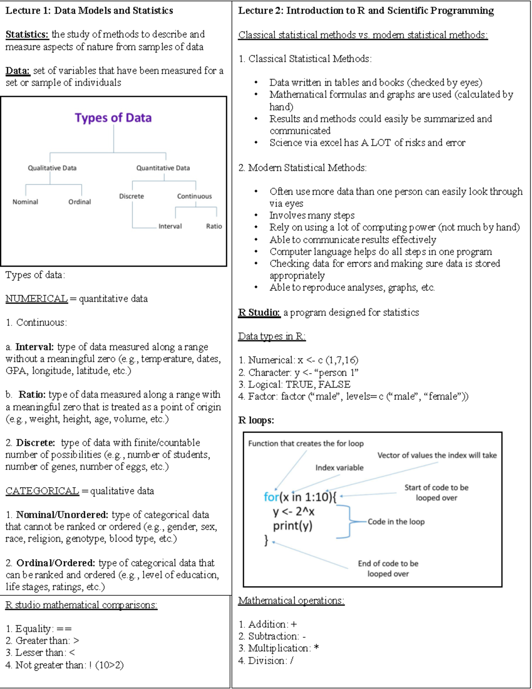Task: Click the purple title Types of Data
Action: click(113, 118)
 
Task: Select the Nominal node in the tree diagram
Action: click(25, 202)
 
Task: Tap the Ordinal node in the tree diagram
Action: click(79, 202)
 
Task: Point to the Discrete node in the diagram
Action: click(131, 196)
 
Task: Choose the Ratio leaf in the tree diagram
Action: click(214, 226)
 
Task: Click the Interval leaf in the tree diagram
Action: click(170, 226)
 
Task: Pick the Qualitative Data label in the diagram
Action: click(52, 168)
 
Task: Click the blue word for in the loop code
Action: click(271, 497)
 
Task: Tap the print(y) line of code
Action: click(293, 526)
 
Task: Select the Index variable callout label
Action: click(339, 468)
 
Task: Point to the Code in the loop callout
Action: click(396, 522)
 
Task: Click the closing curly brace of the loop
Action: click(266, 540)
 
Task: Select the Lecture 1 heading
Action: click(89, 11)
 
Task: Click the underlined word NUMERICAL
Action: click(36, 299)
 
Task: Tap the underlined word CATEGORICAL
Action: click(42, 491)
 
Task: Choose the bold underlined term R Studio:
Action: click(259, 312)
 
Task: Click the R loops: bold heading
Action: click(256, 420)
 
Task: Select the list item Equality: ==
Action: click(39, 629)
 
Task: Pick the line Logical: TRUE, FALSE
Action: click(294, 384)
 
